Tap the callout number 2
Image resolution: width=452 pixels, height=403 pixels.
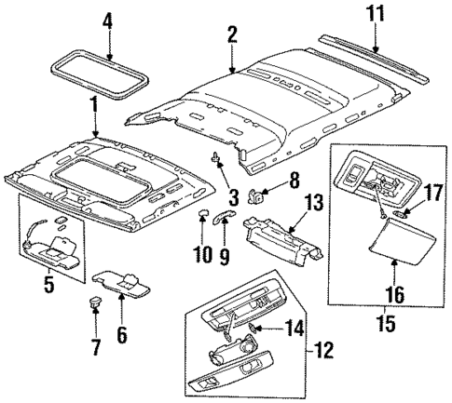pos(231,37)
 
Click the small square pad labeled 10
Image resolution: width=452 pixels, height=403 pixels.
pos(200,218)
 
